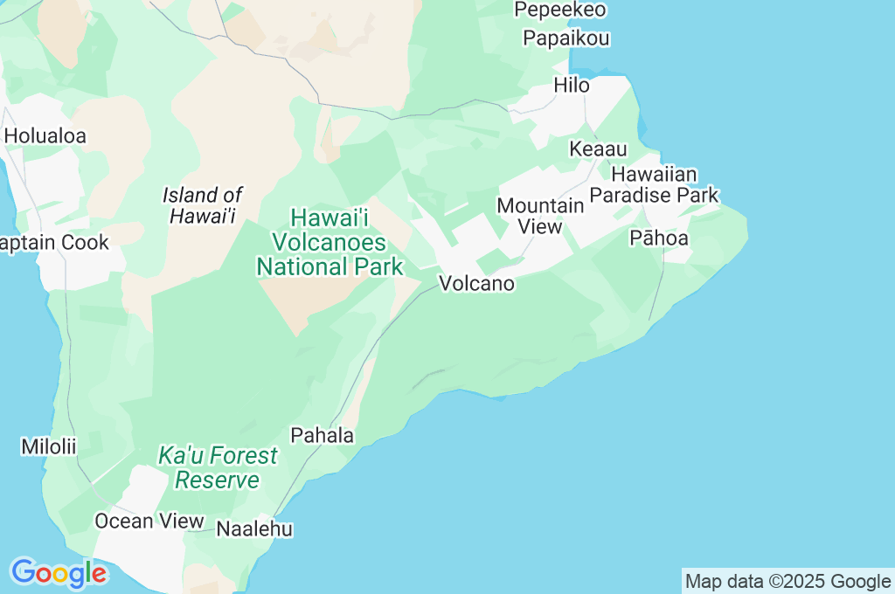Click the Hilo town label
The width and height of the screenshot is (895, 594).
click(x=572, y=86)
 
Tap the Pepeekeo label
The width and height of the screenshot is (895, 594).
click(x=560, y=10)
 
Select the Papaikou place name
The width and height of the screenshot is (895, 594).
click(x=565, y=38)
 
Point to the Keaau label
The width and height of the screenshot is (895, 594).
click(x=598, y=149)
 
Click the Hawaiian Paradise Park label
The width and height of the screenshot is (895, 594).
click(x=654, y=184)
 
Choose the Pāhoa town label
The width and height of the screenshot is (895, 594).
click(x=658, y=238)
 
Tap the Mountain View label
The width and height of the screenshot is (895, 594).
click(x=540, y=216)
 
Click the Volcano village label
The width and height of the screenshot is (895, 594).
click(x=476, y=284)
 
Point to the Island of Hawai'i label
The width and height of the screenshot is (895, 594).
click(x=203, y=205)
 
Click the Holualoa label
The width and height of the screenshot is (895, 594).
click(x=45, y=136)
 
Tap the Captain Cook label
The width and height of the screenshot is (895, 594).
click(x=54, y=243)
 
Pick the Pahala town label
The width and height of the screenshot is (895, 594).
click(x=323, y=435)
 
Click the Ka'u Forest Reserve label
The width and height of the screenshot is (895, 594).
click(x=218, y=467)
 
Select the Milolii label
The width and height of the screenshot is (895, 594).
click(x=49, y=446)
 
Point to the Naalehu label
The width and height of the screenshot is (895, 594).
click(x=254, y=528)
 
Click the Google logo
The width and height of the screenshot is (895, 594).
click(x=59, y=573)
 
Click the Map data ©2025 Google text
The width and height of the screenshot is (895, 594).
click(x=787, y=582)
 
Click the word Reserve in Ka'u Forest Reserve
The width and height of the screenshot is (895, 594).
click(x=218, y=480)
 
